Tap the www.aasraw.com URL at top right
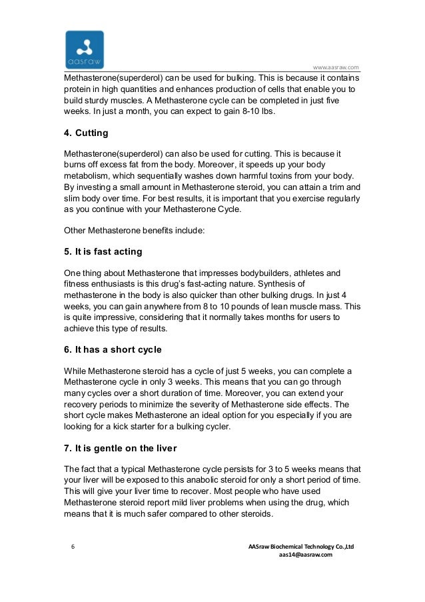point(336,67)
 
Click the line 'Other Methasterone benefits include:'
point(125,231)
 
